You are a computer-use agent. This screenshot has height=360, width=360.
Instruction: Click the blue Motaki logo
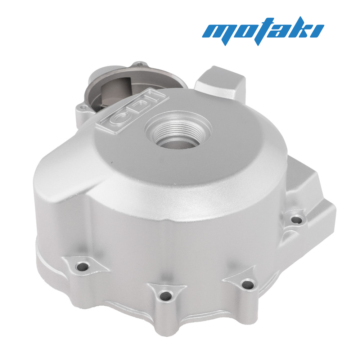pos(263,31)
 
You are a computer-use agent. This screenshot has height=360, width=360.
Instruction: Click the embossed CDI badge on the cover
pos(132,111)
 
